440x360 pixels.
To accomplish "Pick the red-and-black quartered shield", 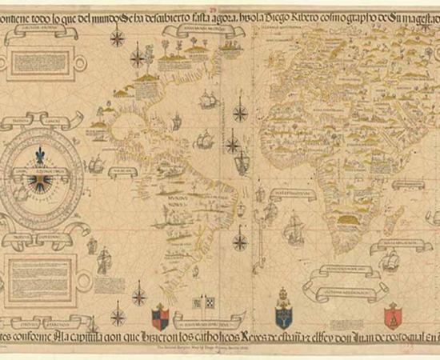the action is pos(160,314).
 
